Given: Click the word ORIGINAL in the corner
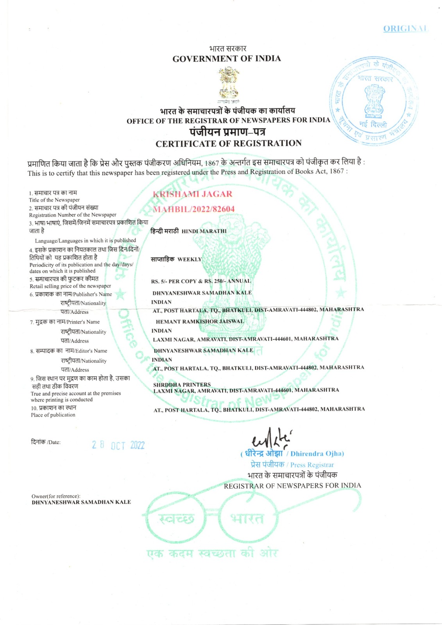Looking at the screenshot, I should point(405,29).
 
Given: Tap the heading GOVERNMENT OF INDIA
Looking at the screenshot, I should point(227,59).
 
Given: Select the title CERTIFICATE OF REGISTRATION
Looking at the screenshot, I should point(229,143).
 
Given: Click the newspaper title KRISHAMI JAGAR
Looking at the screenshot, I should point(192,194).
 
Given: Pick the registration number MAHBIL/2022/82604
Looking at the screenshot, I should point(193,209).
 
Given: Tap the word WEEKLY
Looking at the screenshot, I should point(190,259).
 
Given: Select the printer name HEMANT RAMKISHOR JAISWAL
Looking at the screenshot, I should point(199,321).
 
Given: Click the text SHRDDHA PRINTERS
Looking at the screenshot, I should point(182,384).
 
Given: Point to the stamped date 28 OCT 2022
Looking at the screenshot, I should point(118,445).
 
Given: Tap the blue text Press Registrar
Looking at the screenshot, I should point(312,465).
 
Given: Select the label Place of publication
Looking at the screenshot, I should point(53,415).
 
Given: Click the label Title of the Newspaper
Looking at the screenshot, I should point(54,200).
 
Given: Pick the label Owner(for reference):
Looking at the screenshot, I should point(56,496).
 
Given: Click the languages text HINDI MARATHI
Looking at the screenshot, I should point(204,231).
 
